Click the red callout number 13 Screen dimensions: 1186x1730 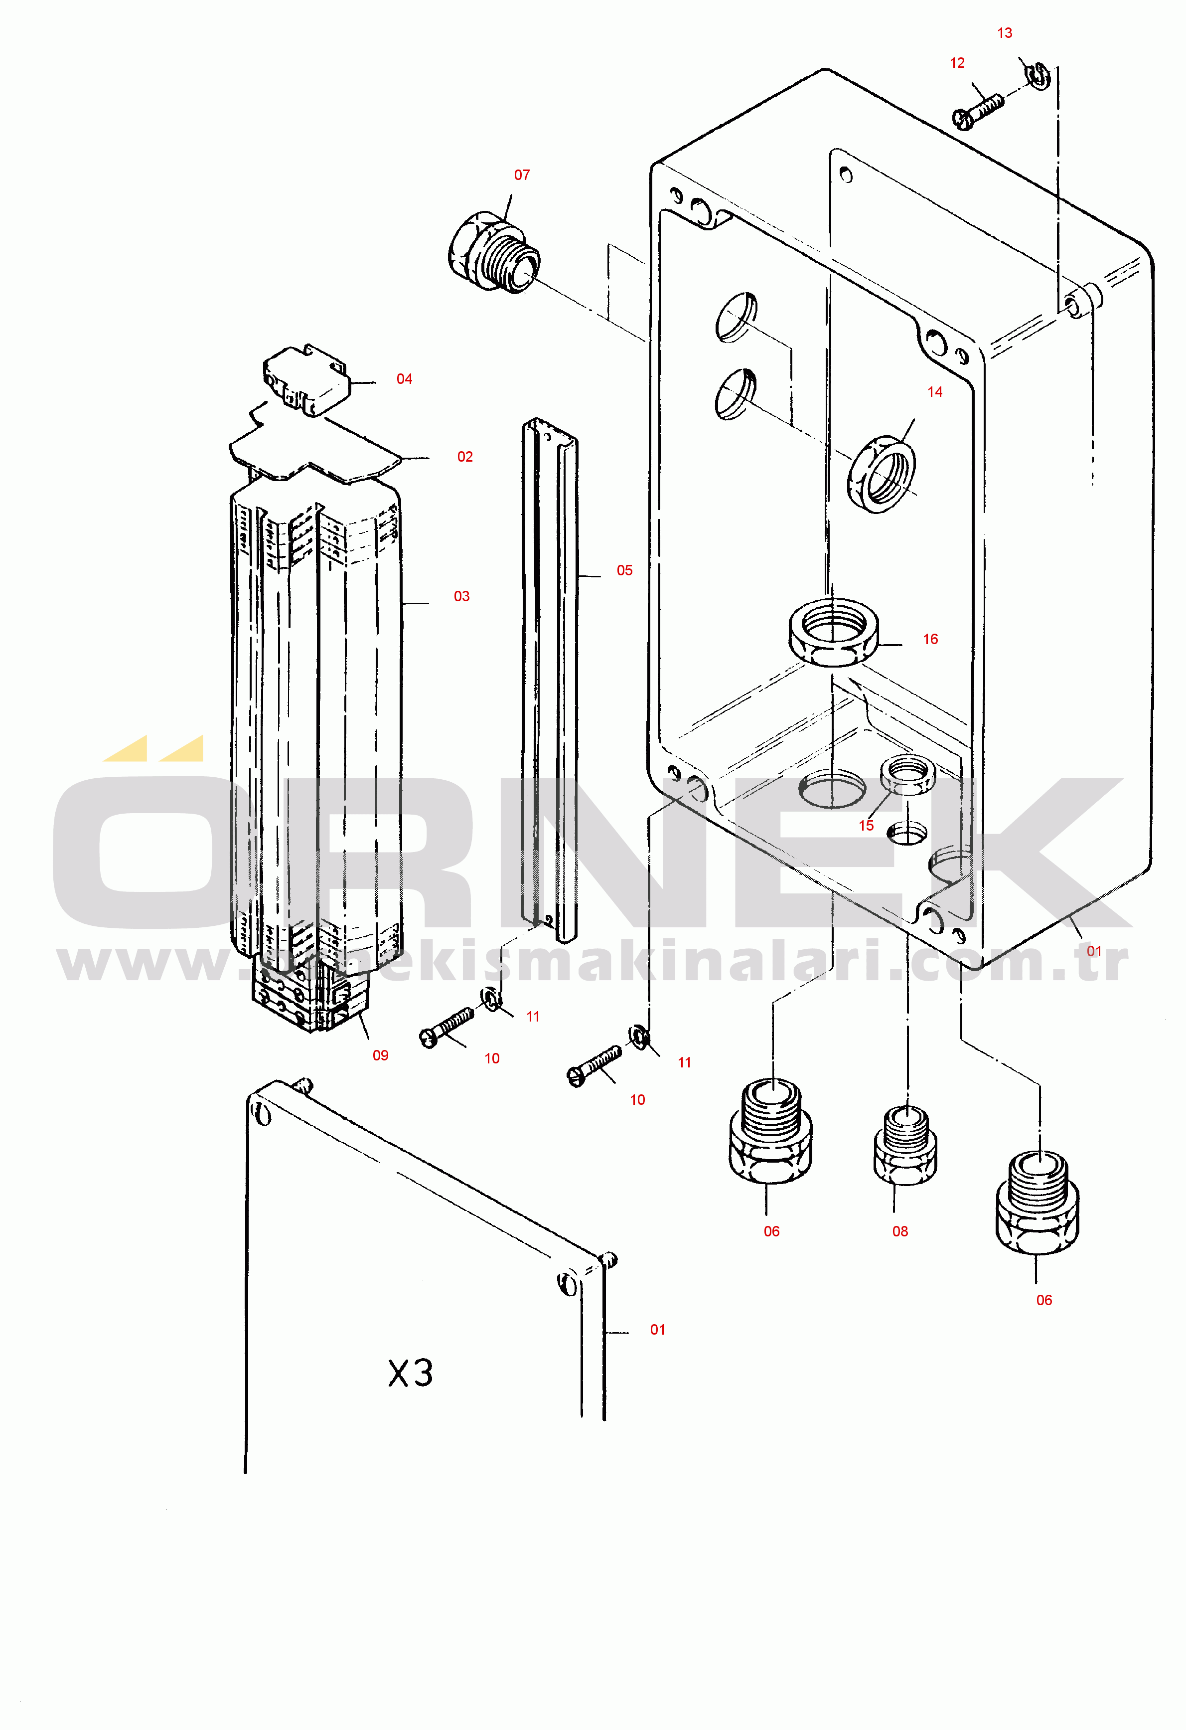click(1005, 33)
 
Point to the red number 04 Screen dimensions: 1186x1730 click(404, 379)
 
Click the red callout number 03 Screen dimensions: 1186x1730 click(461, 596)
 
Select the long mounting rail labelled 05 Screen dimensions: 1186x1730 click(550, 680)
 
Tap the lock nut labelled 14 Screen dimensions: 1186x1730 click(882, 474)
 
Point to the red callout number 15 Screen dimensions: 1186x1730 click(866, 825)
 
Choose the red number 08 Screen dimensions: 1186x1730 click(900, 1231)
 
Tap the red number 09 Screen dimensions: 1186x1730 click(380, 1055)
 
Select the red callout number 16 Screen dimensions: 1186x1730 click(930, 639)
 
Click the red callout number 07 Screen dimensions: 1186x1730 click(522, 175)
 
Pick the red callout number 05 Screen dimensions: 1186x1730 click(624, 570)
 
